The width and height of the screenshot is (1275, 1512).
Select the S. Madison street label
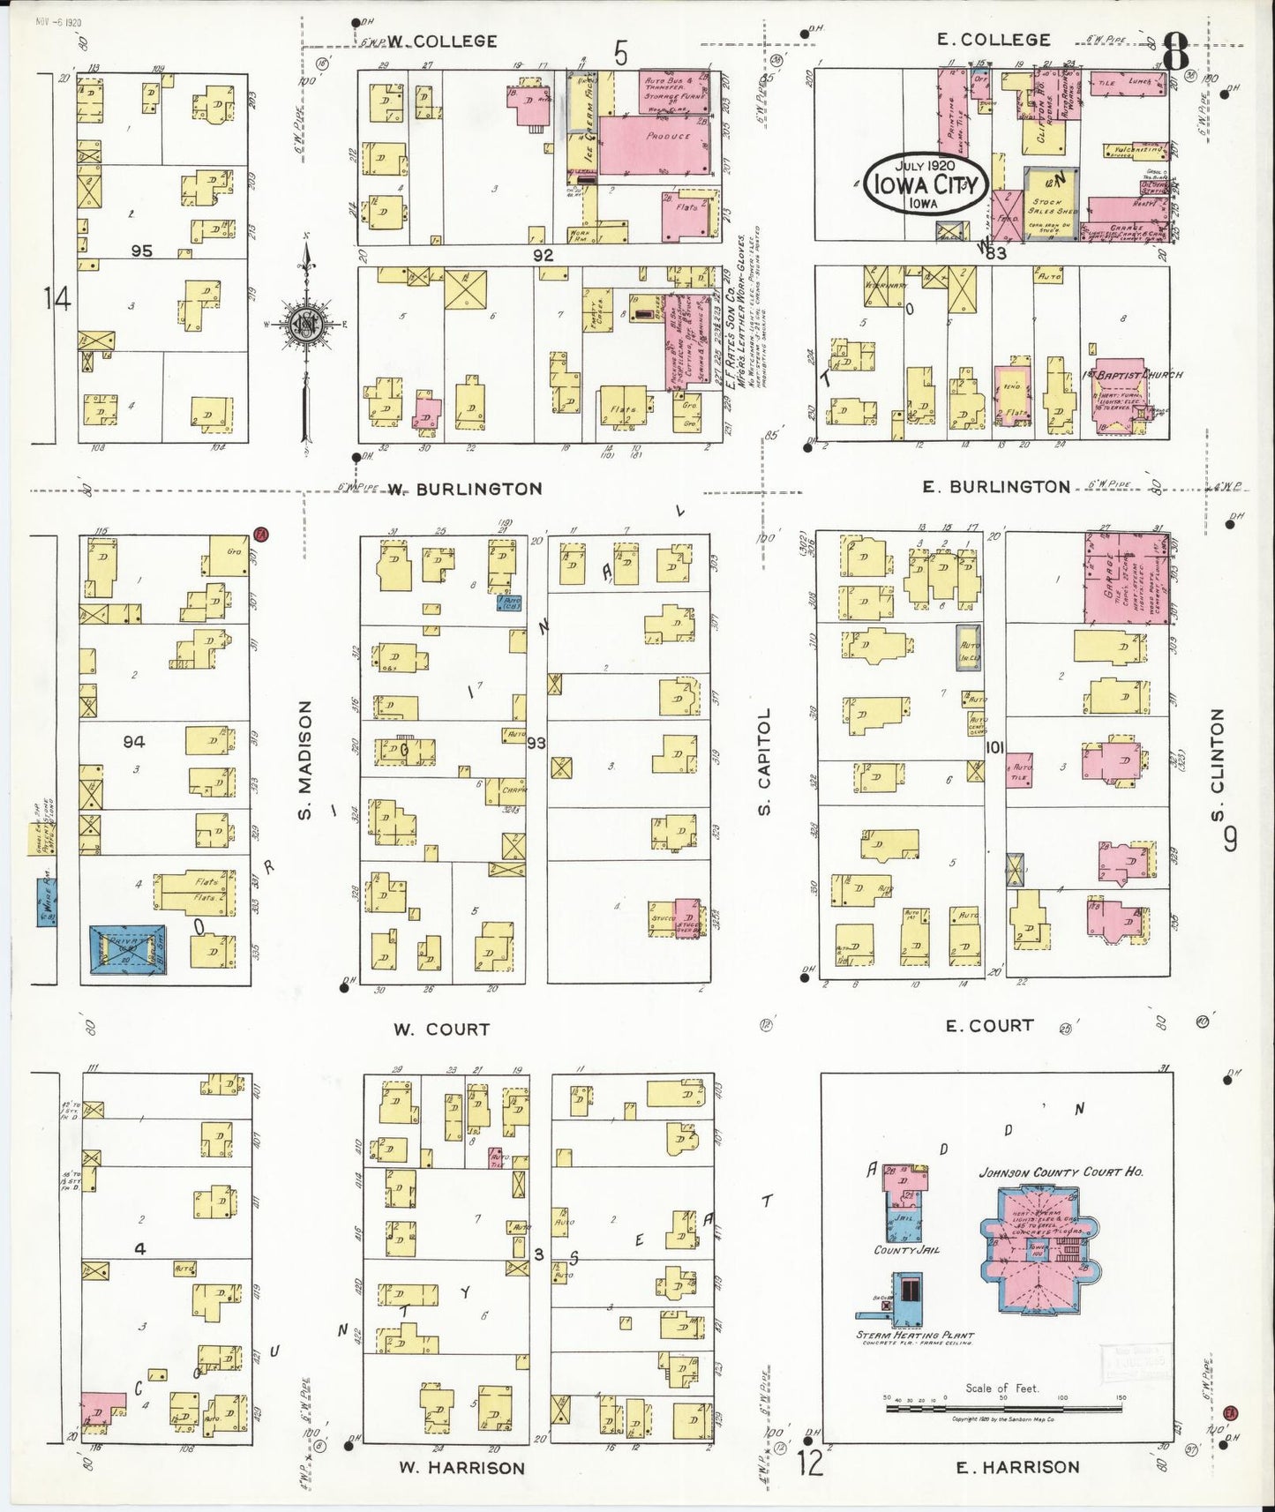tap(305, 759)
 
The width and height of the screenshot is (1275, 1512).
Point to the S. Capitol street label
tap(764, 760)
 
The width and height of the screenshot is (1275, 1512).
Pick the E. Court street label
tap(988, 1025)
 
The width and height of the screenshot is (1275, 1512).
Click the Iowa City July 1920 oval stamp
tap(925, 183)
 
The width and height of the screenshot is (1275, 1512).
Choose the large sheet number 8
tap(1175, 53)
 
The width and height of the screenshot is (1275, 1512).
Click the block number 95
tap(141, 251)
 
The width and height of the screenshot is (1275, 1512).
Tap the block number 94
tap(134, 742)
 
